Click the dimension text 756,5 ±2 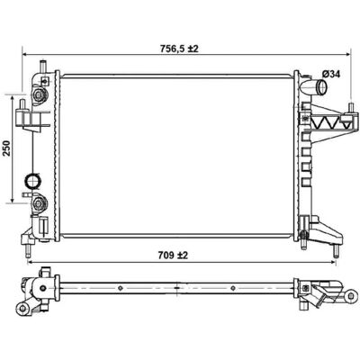click(179, 49)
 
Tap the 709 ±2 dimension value click(173, 256)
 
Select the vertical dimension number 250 click(6, 148)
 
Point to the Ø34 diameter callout click(331, 74)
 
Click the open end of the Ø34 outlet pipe click(323, 87)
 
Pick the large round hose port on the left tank click(32, 181)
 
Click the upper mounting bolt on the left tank click(39, 95)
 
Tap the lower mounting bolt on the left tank click(39, 203)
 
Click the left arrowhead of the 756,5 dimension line click(25, 55)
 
